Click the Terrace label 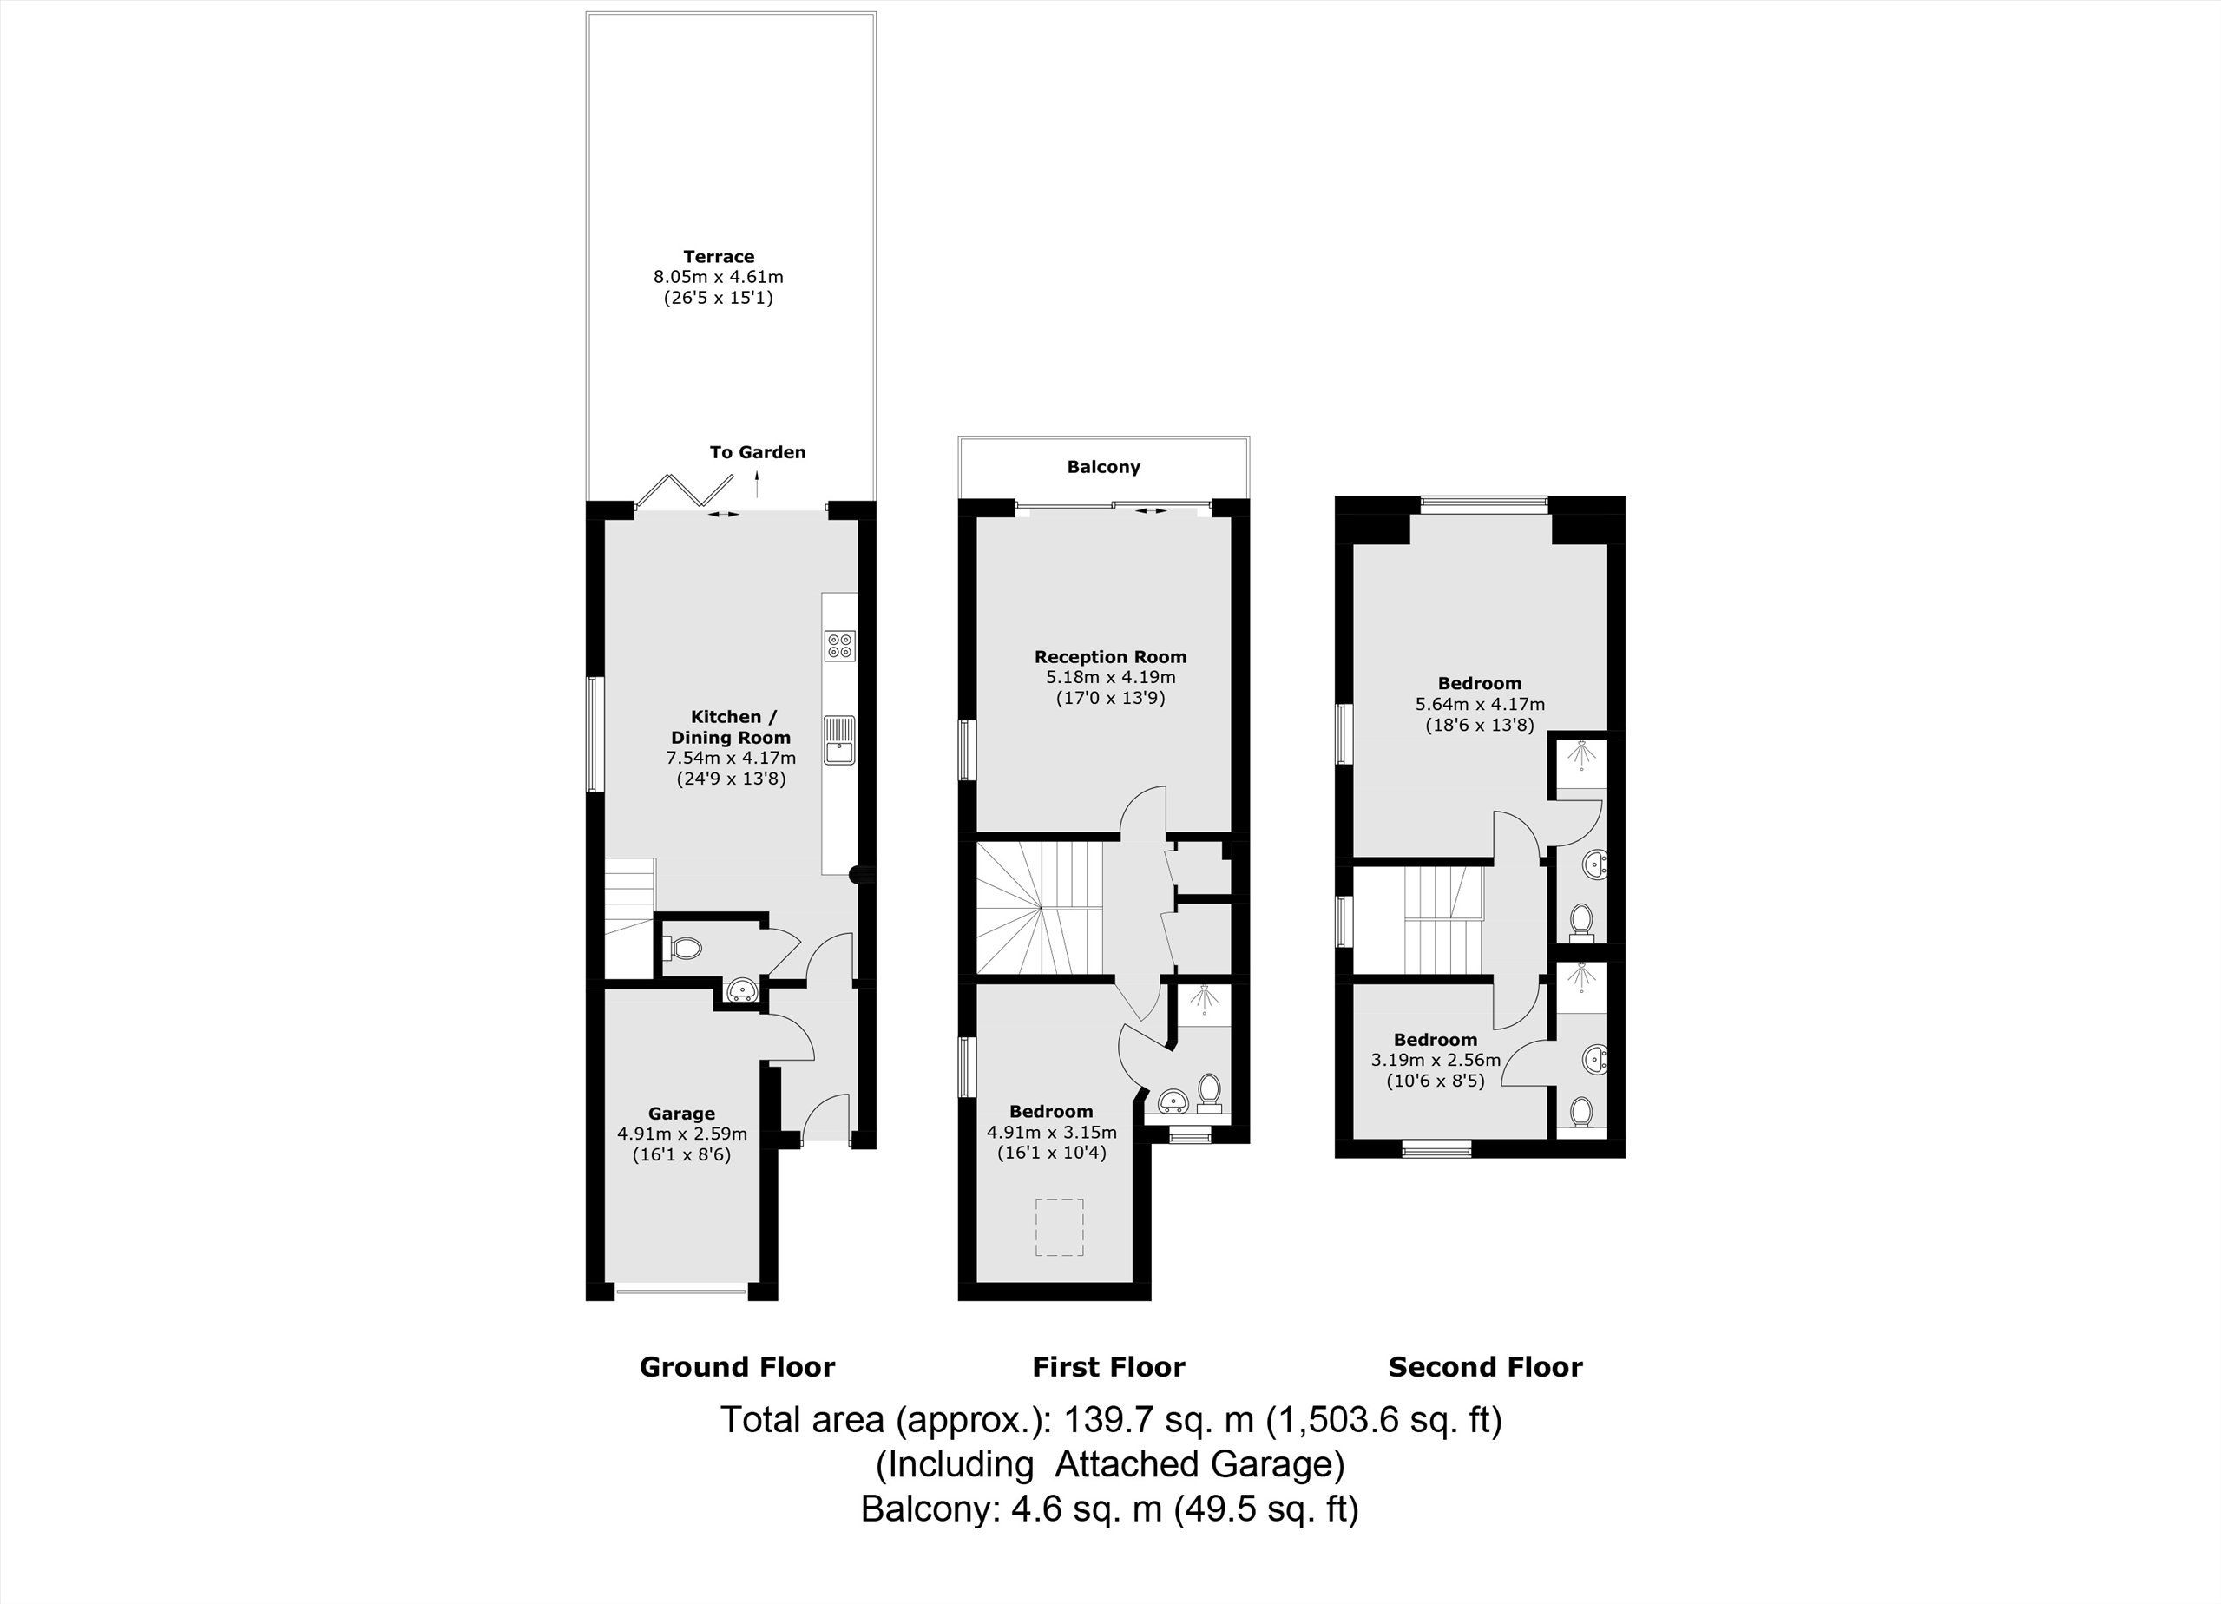point(719,257)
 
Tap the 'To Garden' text point(757,452)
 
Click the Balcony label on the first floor point(1104,467)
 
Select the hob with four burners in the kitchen point(839,644)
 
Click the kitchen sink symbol point(839,740)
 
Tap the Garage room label point(681,1114)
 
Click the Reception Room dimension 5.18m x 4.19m point(1111,677)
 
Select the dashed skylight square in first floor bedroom point(1060,1227)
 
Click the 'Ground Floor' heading point(738,1367)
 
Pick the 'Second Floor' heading point(1486,1367)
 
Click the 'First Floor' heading point(1108,1367)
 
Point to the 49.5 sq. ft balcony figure point(1266,1509)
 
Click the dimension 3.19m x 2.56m point(1436,1060)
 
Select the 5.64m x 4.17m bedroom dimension point(1480,704)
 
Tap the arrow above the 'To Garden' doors point(756,483)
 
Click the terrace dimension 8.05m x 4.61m point(719,277)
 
